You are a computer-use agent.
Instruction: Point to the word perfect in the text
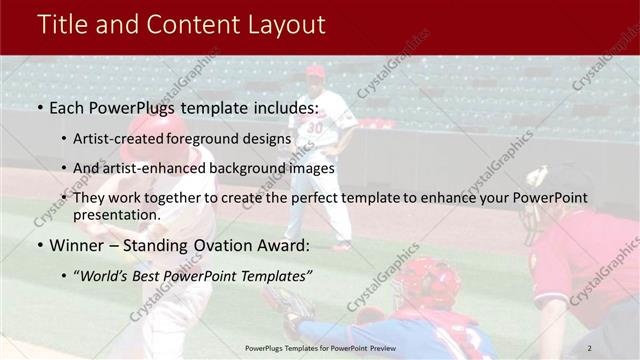coord(316,198)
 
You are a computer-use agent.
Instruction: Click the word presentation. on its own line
coord(117,215)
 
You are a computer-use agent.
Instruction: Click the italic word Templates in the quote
coord(268,275)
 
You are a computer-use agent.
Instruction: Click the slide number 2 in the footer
coord(590,347)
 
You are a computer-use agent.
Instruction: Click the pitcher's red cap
coord(316,70)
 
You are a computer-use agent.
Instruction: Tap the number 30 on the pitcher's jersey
coord(316,128)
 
